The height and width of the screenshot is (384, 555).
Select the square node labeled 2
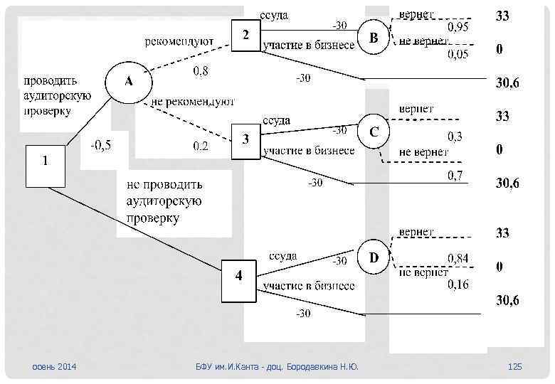[x=246, y=36]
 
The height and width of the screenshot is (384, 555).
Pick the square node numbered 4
[x=238, y=281]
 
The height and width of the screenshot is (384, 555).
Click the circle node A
[x=129, y=82]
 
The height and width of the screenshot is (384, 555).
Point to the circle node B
[x=374, y=38]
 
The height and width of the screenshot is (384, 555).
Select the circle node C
[x=374, y=132]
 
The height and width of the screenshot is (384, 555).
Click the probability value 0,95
[x=458, y=27]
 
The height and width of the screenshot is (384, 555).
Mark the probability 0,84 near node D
[x=458, y=258]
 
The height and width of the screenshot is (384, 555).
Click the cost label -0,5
[x=100, y=145]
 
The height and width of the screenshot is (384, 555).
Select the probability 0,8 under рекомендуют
[x=201, y=70]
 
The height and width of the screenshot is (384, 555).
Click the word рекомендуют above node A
[x=179, y=42]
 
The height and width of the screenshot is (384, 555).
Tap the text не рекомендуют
[x=193, y=102]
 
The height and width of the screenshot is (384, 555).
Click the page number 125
[x=515, y=367]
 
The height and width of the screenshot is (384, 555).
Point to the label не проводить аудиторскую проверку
[x=164, y=202]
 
